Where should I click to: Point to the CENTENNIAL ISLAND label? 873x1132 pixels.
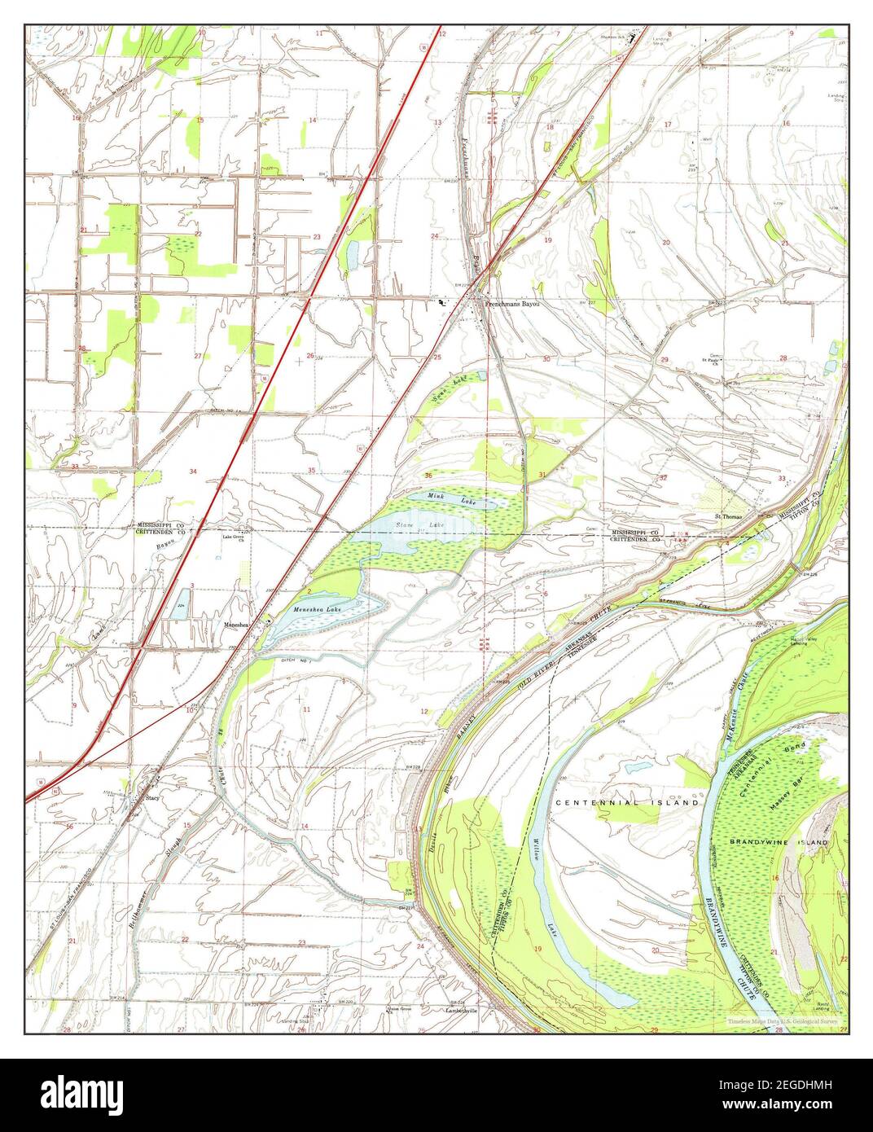[626, 803]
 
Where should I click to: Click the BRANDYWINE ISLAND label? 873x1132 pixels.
[779, 841]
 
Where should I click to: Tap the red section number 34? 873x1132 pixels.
[193, 472]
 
